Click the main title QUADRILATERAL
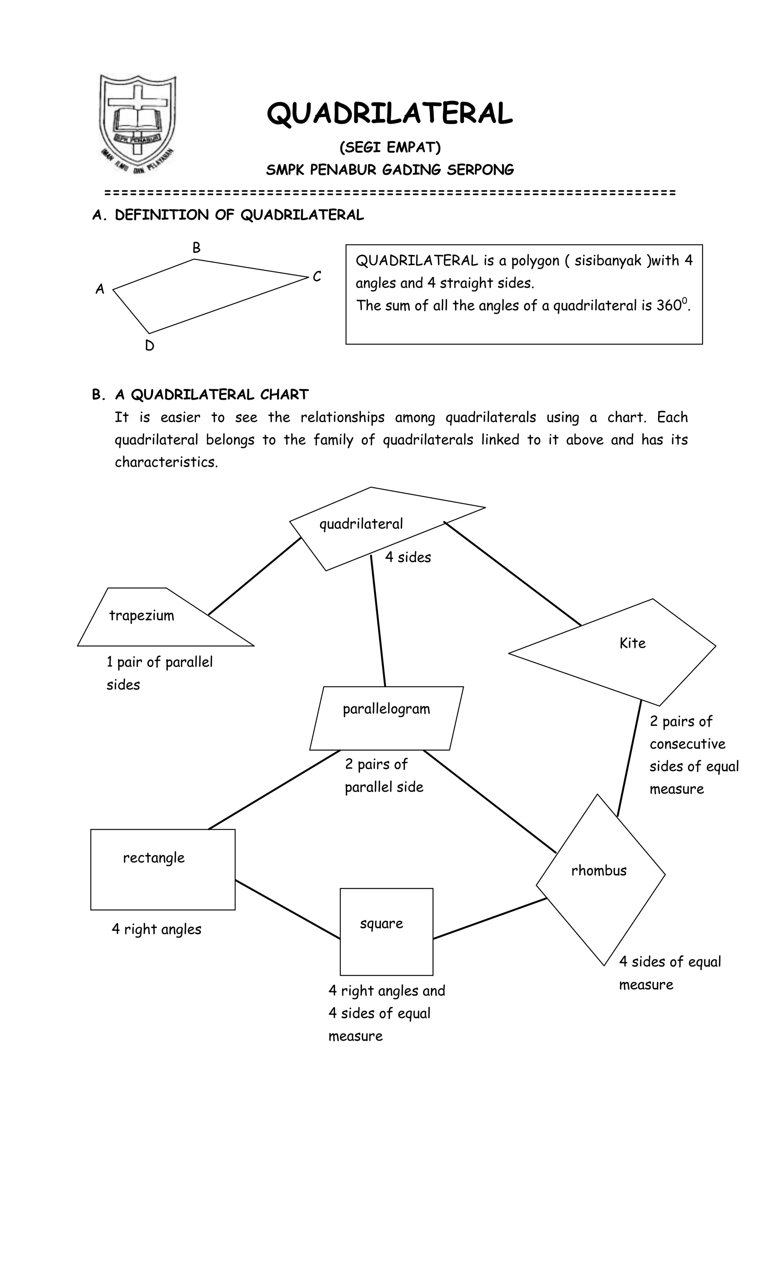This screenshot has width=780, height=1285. coord(390,113)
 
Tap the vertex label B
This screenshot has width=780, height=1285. coord(196,248)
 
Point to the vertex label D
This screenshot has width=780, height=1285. coord(150,346)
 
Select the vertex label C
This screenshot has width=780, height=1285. coord(316,277)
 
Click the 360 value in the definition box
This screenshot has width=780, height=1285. coord(668,306)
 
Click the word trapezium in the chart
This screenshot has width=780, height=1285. coord(141,615)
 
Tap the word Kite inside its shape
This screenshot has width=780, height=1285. coord(633,643)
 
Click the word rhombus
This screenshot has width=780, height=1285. coord(599,871)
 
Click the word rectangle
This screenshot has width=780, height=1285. coord(154,858)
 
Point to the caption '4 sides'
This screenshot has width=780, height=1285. coord(408,557)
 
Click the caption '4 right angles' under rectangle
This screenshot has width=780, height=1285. coord(157,929)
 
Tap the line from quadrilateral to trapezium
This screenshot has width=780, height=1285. coord(254,576)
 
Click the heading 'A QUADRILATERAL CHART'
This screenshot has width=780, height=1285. coord(212,395)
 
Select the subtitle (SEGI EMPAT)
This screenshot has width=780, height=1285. coord(390,147)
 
